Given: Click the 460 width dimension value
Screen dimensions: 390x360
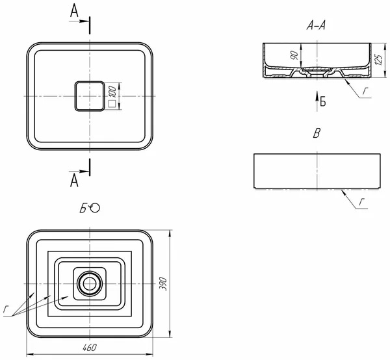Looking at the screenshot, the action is [90, 348].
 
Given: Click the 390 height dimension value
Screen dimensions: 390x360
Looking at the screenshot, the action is [162, 283].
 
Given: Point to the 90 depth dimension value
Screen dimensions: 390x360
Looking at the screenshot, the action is [294, 55].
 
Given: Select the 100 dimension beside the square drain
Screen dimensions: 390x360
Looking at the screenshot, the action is [112, 92].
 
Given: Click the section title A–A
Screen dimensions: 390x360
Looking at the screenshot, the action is [316, 25].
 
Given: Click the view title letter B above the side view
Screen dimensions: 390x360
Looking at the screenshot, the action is [317, 133].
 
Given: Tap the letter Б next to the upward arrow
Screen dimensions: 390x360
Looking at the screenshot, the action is [323, 101].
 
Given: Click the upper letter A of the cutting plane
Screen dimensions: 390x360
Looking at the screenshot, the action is [74, 11].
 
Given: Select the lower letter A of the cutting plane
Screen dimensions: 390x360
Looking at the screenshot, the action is [74, 181].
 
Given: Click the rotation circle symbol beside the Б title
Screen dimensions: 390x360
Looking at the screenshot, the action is [95, 208].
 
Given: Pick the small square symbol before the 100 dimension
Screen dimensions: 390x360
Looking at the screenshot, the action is [112, 104].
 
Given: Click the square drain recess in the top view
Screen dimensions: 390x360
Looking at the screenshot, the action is [90, 96].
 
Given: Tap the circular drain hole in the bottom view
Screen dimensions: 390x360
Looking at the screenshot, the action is [89, 284].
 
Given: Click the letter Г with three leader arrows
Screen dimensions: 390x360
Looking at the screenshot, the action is [5, 309].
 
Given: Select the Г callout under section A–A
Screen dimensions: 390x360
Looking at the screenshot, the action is [365, 91].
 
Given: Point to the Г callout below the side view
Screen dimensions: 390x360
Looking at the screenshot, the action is [361, 202].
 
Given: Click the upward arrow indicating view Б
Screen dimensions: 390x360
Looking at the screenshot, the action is [317, 101].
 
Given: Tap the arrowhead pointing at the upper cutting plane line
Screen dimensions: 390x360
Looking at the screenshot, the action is [84, 21].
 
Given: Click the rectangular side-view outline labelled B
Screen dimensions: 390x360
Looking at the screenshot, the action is [317, 171].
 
